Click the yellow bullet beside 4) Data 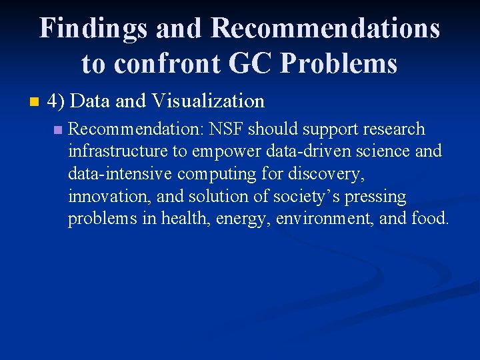tap(35, 102)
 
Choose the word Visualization tap(208, 101)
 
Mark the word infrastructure tap(118, 151)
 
